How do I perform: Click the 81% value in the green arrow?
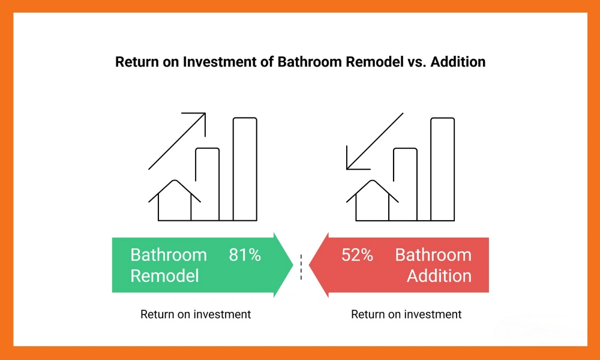pos(245,255)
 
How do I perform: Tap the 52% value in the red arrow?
pos(357,255)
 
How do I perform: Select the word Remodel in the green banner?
pos(164,276)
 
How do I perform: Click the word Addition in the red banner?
pos(439,276)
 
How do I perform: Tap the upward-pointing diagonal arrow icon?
pos(178,140)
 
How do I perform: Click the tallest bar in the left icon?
pos(245,169)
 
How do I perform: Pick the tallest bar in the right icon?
pos(442,169)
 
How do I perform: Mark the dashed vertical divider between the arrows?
pos(301,265)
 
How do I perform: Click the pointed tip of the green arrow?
pos(292,265)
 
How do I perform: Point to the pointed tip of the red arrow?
pos(311,265)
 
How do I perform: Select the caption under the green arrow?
pos(196,314)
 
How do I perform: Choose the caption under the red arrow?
pos(406,314)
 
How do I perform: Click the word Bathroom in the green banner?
pos(169,255)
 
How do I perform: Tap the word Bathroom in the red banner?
pos(433,255)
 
